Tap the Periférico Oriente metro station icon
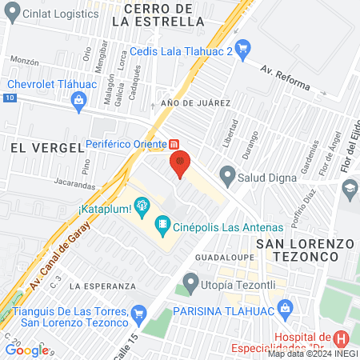(174, 145)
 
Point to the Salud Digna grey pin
(228, 174)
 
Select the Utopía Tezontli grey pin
(190, 282)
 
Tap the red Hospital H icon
(341, 340)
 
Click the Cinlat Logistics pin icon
(10, 13)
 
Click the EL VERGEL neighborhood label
(47, 147)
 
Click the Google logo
(26, 350)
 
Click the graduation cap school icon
(350, 188)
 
